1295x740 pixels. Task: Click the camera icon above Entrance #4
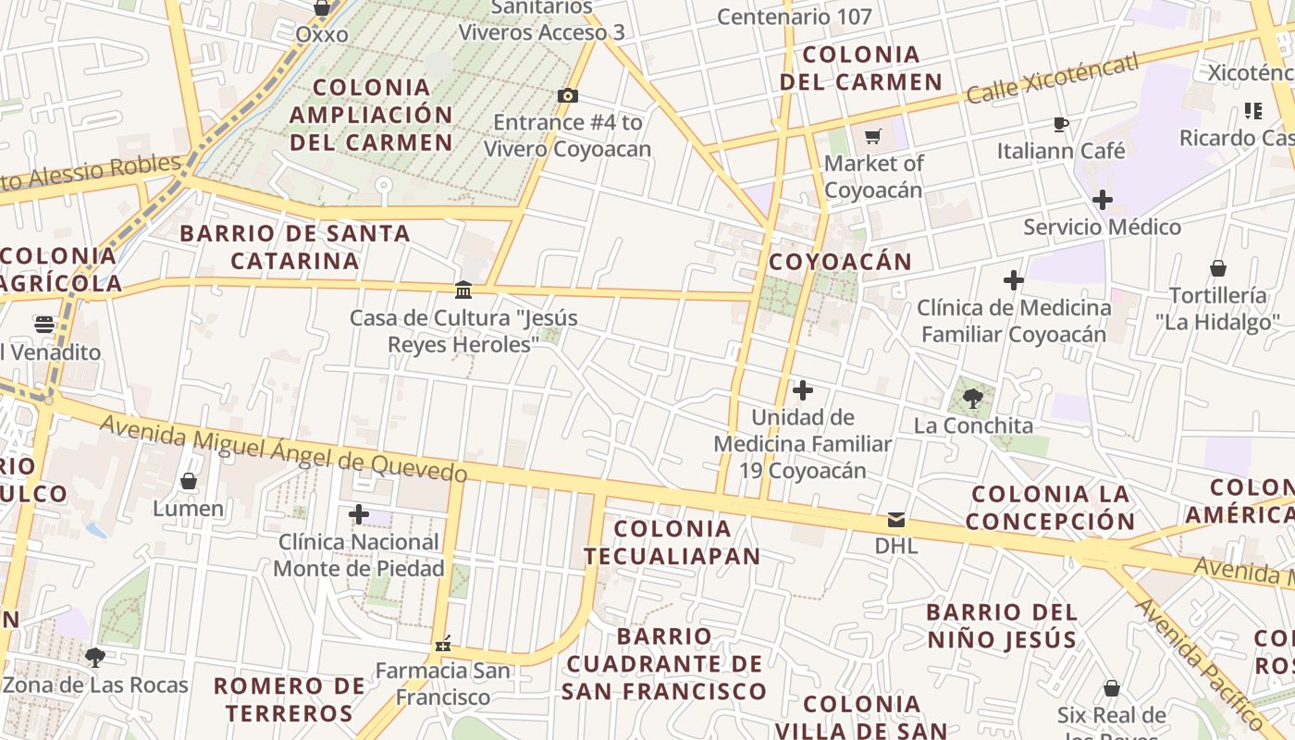click(x=568, y=95)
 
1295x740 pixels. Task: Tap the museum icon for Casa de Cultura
click(x=463, y=290)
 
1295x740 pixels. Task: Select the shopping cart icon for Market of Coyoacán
click(x=872, y=137)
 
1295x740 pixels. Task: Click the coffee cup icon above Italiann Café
click(x=1061, y=123)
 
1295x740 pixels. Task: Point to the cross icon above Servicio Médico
click(x=1102, y=199)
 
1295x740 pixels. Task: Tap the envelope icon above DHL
click(x=895, y=519)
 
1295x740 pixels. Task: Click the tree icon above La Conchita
click(x=972, y=399)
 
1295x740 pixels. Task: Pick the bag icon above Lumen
click(x=189, y=481)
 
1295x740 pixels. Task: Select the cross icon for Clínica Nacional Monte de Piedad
click(x=359, y=514)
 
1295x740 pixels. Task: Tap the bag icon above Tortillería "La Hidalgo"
click(x=1218, y=268)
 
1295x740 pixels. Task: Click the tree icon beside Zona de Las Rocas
click(x=94, y=658)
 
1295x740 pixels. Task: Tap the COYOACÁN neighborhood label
click(x=840, y=262)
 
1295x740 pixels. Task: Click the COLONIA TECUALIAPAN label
click(x=672, y=542)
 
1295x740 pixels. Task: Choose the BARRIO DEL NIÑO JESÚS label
click(x=1002, y=625)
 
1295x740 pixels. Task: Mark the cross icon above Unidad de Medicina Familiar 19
click(x=803, y=390)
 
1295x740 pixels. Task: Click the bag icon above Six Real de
click(x=1112, y=688)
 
